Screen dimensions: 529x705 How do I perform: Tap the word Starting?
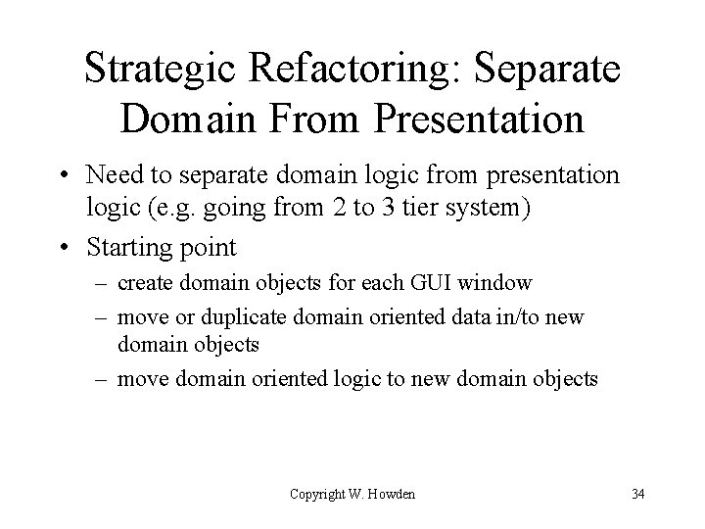125,247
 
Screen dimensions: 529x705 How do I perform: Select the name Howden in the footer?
391,494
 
